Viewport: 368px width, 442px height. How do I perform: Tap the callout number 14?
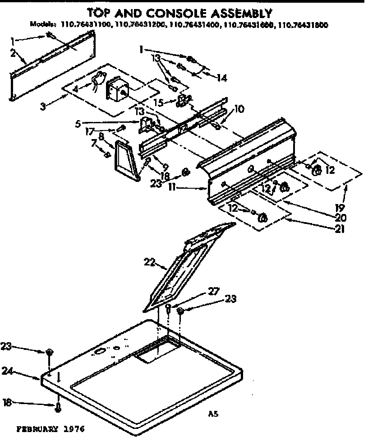221,78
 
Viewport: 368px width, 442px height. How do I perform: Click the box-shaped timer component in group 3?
116,89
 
